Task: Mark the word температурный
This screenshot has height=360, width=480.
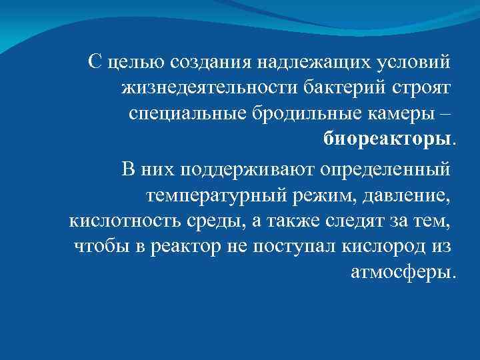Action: point(216,195)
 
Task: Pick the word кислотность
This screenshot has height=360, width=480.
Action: point(117,221)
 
